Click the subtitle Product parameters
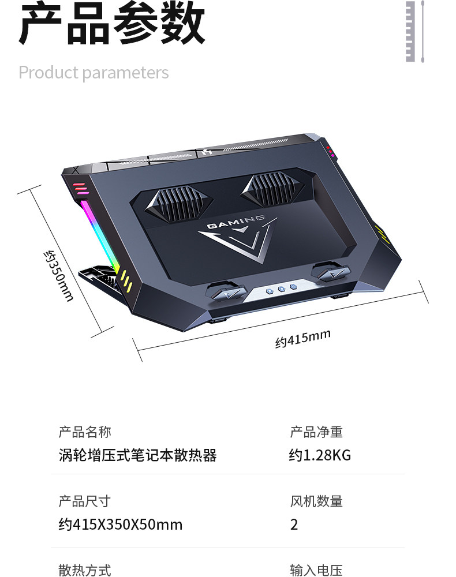94,73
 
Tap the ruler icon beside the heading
414,31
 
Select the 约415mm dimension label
302,339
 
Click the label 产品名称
85,432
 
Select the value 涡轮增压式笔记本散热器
137,456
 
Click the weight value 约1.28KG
320,456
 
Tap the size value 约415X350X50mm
120,524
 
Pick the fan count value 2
294,524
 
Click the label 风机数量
316,501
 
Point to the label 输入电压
316,570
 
